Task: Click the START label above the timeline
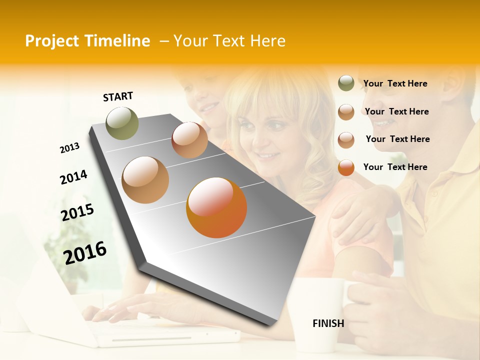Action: [118, 96]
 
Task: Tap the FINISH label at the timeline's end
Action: [328, 323]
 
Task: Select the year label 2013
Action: [69, 148]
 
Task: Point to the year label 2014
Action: [73, 177]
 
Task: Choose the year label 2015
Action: [77, 212]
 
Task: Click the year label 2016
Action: [85, 252]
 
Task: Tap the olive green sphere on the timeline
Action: [122, 123]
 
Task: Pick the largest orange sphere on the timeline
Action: [216, 207]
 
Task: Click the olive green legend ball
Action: [346, 83]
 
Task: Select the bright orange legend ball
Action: [346, 167]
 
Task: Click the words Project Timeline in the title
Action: [87, 41]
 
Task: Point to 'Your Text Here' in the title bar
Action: [229, 41]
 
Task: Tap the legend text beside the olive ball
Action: [395, 83]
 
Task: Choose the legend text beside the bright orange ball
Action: [395, 167]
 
